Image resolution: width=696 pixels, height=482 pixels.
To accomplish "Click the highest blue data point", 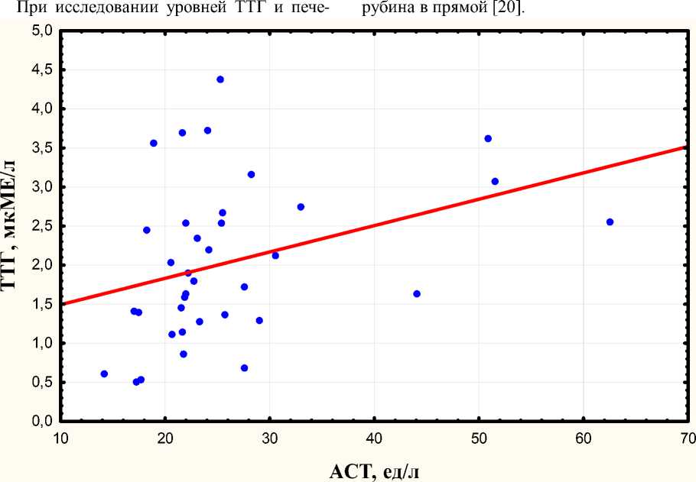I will (220, 79).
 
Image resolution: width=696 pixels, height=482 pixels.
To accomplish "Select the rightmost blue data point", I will (610, 222).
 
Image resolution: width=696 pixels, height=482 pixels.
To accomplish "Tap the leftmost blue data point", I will (104, 374).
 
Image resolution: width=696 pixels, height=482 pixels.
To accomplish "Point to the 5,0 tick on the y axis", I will (42, 31).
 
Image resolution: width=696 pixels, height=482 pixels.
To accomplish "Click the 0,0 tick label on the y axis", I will (42, 422).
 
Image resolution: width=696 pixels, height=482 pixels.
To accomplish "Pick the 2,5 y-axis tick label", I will (42, 226).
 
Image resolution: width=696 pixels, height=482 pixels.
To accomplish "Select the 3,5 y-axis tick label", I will (42, 148).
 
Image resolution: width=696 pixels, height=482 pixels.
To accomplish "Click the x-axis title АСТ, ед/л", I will (374, 470).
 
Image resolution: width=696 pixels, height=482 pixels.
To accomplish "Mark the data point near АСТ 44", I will (417, 294).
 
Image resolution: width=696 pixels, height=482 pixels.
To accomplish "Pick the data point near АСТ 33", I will (301, 207).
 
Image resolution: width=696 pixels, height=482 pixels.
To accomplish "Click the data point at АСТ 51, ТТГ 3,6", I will (488, 139).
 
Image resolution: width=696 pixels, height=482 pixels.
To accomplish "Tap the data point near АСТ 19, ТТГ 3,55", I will (154, 144).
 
